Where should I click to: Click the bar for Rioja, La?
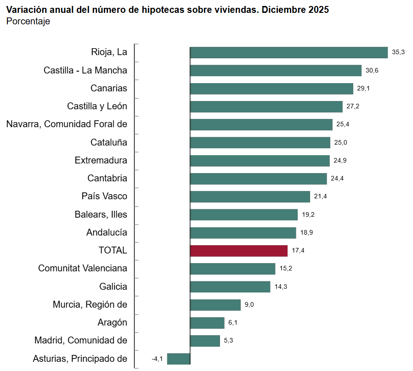coord(289,52)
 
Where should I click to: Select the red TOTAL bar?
coord(238,251)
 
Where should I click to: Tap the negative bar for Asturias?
coord(178,359)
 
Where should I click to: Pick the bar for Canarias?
coord(271,88)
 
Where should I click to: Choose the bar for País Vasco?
coord(249,197)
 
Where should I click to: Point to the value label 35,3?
coord(398,52)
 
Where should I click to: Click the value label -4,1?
coord(157,359)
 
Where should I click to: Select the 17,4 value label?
coord(298,251)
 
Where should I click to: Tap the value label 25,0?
coord(340,142)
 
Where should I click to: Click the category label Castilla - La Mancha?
coord(85,70)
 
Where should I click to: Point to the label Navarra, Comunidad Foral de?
coord(67,124)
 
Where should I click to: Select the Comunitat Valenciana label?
coord(83,268)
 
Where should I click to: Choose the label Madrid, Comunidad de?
coord(81,340)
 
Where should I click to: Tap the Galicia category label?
coord(113,287)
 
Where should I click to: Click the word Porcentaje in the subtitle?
coord(28,22)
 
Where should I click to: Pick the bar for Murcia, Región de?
coord(215,305)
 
